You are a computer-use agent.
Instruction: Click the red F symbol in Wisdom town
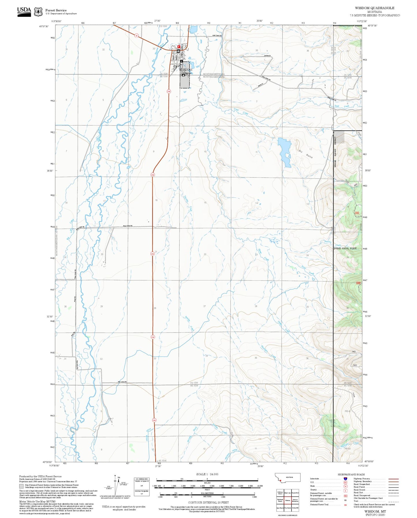point(179,46)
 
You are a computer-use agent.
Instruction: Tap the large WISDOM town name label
point(186,70)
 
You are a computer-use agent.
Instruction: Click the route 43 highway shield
point(136,36)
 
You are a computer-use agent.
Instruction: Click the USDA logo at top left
point(24,11)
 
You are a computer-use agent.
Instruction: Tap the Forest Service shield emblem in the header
point(38,12)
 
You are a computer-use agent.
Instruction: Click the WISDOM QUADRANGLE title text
point(375,8)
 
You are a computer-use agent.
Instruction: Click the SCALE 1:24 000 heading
point(207,474)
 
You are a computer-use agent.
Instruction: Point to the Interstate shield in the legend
point(345,479)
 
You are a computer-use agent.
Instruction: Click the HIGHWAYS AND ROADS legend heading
point(351,474)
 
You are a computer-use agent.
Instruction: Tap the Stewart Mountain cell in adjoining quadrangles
point(295,501)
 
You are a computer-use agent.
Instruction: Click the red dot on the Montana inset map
point(280,481)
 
